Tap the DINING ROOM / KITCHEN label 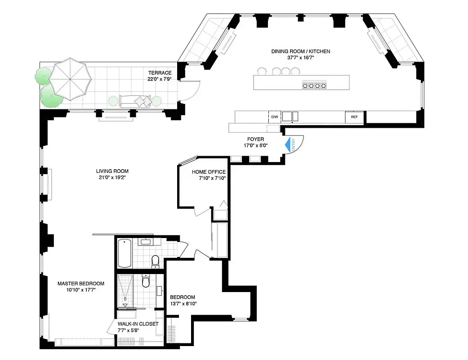coord(300,51)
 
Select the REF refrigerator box coord(354,117)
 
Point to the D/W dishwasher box coord(274,117)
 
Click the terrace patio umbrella coord(70,79)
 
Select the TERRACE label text coord(160,73)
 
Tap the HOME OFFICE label coord(209,172)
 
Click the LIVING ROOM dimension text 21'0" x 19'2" coord(112,178)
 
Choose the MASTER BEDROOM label coord(81,283)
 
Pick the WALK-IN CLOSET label coord(138,324)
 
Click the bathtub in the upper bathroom coord(125,253)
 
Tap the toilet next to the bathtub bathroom coord(156,261)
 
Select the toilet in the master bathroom coord(146,281)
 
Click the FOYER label coord(255,139)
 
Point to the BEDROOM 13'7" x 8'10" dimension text coord(183,304)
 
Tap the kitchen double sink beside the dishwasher coord(287,116)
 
